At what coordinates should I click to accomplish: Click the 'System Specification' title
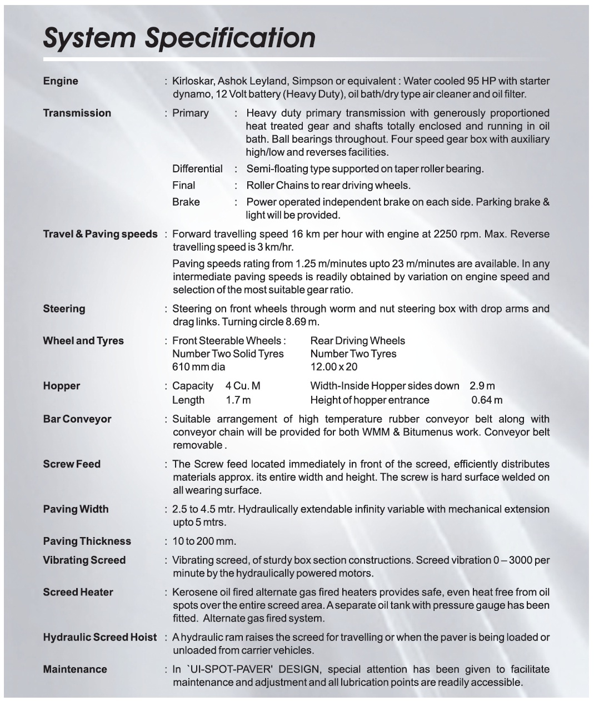coord(179,38)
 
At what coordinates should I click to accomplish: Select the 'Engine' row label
coord(61,81)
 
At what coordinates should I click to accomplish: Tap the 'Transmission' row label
coord(77,113)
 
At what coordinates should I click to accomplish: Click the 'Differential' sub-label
coord(197,169)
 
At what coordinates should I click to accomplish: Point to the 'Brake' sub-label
coord(186,202)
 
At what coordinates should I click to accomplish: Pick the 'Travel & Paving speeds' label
coord(100,234)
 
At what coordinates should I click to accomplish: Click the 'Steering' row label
coord(64,309)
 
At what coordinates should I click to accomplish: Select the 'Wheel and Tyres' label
coord(83,341)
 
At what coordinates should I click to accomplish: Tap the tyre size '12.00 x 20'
coord(334,367)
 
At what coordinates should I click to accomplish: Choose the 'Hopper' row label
coord(61,386)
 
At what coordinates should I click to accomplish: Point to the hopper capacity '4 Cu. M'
coord(243,386)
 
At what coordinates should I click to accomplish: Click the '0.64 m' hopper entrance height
coord(487,400)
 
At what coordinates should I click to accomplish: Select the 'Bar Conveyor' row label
coord(77,420)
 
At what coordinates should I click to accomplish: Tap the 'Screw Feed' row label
coord(72,464)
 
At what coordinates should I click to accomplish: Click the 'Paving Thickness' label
coord(87,541)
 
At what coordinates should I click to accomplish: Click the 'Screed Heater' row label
coord(78,593)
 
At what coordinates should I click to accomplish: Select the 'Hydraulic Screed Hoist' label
coord(100,638)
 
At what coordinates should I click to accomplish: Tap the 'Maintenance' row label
coord(75,670)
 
